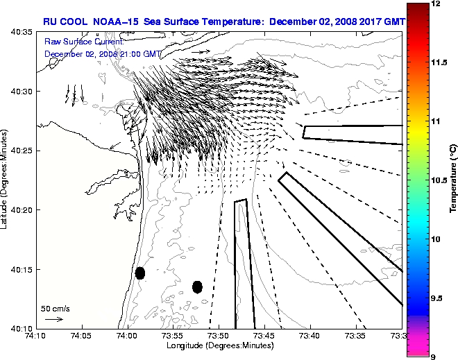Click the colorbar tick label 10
pos(435,239)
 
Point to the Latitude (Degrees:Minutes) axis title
pos(5,180)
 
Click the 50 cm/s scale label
pos(55,308)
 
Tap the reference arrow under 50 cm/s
pos(54,319)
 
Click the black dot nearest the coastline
pos(140,273)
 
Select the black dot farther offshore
pos(197,286)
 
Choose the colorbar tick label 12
pos(434,4)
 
